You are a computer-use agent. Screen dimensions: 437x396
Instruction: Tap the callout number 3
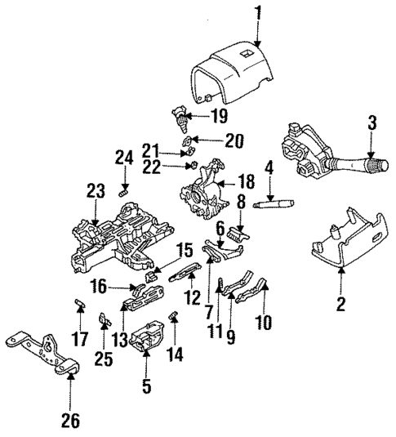point(372,124)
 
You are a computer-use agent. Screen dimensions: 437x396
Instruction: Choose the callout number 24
point(124,158)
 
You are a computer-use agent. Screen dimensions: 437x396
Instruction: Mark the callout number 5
point(147,386)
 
